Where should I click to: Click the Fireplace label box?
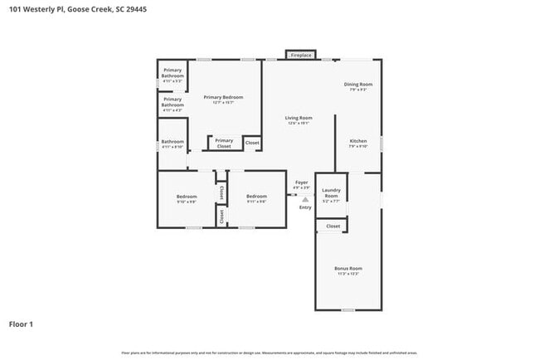point(300,55)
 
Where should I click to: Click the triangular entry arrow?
point(305,200)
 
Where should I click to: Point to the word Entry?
point(305,207)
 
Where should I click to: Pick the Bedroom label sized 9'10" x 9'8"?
point(187,198)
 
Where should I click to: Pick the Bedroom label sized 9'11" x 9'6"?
point(256,198)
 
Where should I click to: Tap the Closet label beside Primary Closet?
point(252,143)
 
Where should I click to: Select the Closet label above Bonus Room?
point(333,226)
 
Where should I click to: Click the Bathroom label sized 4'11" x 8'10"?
point(172,144)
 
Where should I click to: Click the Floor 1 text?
point(21,324)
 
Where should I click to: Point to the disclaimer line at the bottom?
point(269,353)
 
